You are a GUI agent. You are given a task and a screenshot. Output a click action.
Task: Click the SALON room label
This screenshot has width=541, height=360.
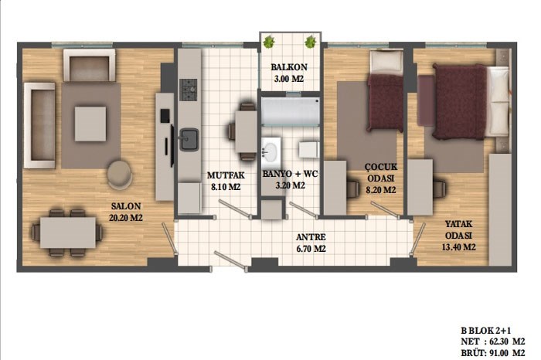pos(126,206)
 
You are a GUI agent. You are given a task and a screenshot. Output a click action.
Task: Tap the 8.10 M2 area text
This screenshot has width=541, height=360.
pos(226,187)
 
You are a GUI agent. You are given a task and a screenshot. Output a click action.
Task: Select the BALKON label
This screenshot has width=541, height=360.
pos(289,67)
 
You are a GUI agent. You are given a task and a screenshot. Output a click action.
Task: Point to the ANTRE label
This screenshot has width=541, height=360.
pos(311,237)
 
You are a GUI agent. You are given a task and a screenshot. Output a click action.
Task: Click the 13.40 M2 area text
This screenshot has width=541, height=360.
pos(458,247)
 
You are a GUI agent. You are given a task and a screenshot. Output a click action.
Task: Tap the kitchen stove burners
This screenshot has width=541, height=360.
pos(189,90)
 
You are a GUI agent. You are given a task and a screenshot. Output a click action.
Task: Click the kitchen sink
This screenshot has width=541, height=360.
pos(189,139)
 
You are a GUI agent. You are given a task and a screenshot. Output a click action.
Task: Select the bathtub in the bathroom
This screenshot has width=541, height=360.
pos(291,110)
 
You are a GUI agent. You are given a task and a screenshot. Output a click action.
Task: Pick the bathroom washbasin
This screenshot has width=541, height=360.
pos(270,151)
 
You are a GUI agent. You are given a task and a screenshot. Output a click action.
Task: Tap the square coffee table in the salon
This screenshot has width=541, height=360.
pos(90,124)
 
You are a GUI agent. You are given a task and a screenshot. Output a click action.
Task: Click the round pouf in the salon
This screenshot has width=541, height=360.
pos(119,175)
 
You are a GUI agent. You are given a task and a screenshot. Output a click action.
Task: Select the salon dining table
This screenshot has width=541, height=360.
pos(68,233)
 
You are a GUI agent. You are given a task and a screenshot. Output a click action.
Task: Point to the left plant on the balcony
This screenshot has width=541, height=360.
pos(268,42)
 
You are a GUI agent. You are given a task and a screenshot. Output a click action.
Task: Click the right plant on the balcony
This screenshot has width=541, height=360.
pos(310,42)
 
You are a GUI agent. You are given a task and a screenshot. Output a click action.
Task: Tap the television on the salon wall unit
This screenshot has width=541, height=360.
pos(172,146)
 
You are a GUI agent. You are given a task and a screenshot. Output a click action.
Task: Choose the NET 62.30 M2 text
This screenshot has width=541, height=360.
pos(493,341)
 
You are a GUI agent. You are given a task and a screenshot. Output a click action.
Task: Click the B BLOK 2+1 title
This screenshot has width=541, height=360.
pos(486,331)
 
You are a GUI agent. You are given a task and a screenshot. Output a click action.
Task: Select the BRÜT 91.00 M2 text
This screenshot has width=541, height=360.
pos(493,353)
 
